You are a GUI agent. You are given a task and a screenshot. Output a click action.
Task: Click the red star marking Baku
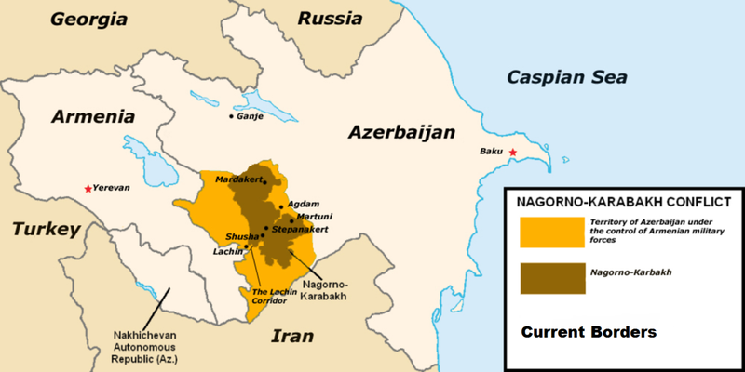[512, 152]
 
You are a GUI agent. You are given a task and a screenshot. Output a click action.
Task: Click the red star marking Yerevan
[88, 188]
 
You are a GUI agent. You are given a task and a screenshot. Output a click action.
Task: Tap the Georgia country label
[90, 19]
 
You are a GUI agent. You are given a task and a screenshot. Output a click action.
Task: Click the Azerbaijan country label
[400, 133]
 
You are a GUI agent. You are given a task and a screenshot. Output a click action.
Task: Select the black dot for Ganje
[232, 116]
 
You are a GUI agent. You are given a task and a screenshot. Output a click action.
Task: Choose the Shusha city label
[241, 236]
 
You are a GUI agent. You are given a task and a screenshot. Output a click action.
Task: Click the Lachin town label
[227, 251]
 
